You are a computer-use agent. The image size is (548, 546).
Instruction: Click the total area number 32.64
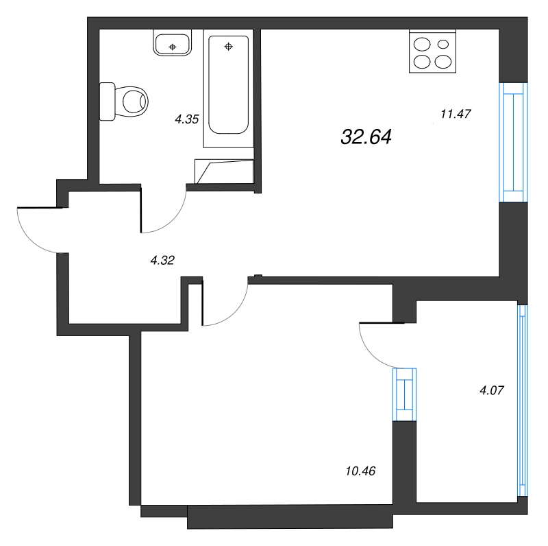coord(366,137)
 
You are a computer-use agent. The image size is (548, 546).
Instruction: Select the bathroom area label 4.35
coord(186,119)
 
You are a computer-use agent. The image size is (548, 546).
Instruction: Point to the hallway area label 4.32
coord(162,259)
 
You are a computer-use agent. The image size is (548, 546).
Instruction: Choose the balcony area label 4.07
coord(492,391)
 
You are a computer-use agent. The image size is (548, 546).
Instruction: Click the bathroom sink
coord(173,43)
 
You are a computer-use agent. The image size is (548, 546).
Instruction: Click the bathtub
coord(229,86)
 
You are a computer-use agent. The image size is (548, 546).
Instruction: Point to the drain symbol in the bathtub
coord(229,47)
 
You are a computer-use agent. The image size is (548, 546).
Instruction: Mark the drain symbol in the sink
coord(173,46)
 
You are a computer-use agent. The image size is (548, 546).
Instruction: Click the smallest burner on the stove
coord(443,45)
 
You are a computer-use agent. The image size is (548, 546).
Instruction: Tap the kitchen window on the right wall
coord(513,142)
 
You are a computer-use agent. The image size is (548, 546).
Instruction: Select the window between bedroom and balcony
coord(404,394)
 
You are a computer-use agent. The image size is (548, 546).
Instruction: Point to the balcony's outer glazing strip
coord(523,401)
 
